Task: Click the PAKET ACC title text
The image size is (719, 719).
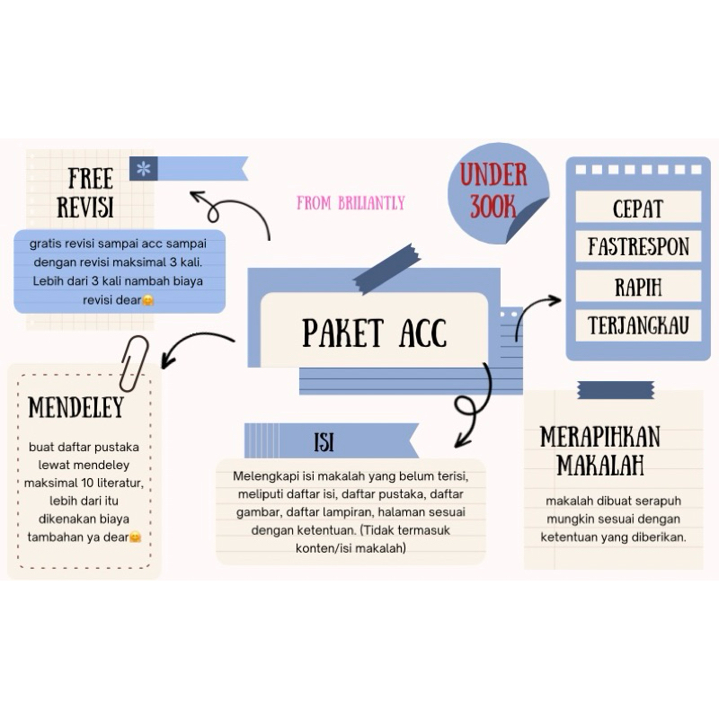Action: (x=374, y=333)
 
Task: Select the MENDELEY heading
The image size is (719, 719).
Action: (x=75, y=407)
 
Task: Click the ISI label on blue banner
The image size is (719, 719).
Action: (x=324, y=442)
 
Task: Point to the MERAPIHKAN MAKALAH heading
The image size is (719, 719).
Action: (x=600, y=450)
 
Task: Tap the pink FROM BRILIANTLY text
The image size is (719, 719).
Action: (x=351, y=203)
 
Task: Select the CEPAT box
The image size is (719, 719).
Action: (x=637, y=209)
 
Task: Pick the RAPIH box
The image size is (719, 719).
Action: (x=637, y=287)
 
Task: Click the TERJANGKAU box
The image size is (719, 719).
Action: (x=637, y=325)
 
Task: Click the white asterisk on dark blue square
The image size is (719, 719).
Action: (x=143, y=168)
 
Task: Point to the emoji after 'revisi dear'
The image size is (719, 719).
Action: (x=148, y=300)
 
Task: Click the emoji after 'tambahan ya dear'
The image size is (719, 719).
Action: (x=135, y=537)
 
